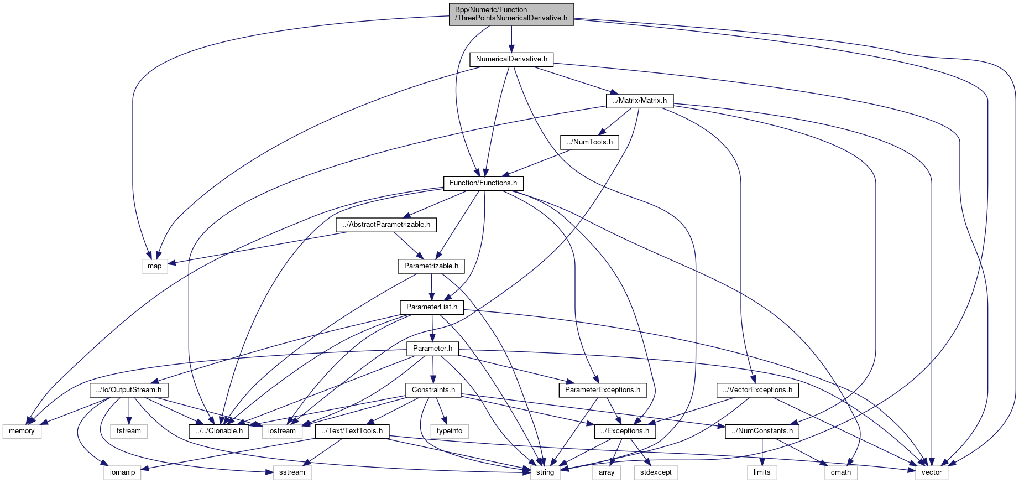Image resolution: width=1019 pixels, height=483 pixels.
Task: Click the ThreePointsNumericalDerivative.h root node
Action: pos(511,14)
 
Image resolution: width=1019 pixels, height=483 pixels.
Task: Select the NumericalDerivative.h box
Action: pos(511,59)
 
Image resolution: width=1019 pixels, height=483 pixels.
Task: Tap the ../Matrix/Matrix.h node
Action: pos(639,101)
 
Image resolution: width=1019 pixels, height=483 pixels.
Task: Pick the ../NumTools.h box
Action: pos(589,142)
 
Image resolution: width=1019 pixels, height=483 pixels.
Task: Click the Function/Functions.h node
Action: pos(483,183)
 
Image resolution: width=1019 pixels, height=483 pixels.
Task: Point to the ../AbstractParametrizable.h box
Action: pos(386,225)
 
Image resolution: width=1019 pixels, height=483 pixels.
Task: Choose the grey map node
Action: pos(154,266)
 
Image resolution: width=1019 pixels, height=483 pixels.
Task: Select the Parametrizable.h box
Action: pos(431,266)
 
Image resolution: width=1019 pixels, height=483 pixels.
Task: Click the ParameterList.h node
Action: pos(431,307)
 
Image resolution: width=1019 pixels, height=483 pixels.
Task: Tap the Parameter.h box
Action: pos(432,349)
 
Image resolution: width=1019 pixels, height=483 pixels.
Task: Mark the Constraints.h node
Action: pos(433,390)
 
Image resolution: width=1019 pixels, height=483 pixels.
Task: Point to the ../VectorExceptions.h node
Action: pos(757,390)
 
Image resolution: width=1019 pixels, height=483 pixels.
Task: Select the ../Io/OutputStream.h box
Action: pos(128,390)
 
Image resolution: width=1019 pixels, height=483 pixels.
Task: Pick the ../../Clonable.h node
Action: pos(219,431)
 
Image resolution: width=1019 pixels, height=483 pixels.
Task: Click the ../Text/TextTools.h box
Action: pos(352,431)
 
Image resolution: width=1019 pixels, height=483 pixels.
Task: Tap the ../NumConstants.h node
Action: pos(761,431)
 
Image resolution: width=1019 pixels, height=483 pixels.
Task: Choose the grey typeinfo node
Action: pos(450,431)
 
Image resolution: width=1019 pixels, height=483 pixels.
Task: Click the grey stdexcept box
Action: pos(656,472)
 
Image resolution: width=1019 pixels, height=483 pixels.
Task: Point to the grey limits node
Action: pos(761,472)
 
